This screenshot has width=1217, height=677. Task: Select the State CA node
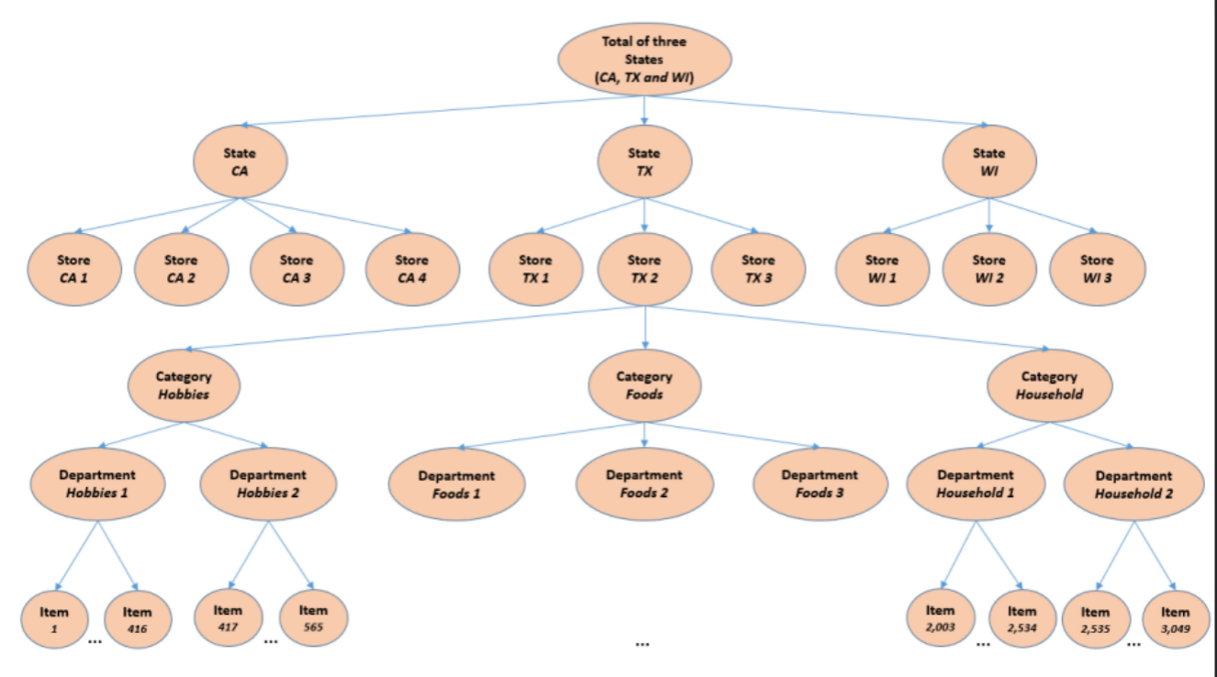240,162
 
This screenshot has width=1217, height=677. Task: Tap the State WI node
988,162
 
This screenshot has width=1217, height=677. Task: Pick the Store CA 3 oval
296,268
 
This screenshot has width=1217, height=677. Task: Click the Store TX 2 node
644,268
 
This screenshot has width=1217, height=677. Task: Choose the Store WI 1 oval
882,268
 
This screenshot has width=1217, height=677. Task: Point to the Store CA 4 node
411,268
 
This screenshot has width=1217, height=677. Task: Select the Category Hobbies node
184,385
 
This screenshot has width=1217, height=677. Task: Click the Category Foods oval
644,385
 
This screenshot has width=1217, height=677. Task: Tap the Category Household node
1050,385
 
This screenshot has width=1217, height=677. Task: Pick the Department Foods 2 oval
644,483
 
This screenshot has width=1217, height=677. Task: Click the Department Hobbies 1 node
97,483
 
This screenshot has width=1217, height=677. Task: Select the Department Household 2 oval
1133,484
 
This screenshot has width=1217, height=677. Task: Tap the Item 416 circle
137,620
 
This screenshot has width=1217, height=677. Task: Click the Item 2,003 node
940,618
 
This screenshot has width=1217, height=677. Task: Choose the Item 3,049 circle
1175,620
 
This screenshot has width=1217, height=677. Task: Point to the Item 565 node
313,618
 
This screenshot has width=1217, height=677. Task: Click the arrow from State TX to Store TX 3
703,218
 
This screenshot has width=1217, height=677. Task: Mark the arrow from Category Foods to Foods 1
551,436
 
